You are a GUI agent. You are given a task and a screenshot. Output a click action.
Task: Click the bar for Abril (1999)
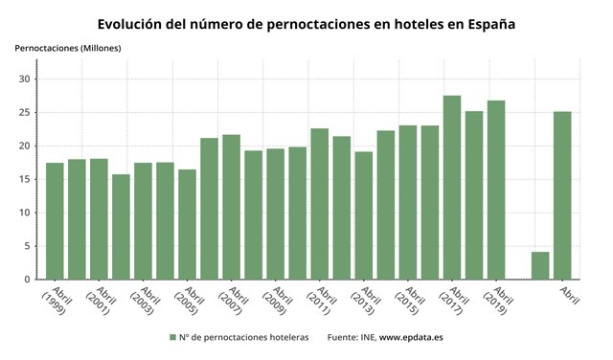click(x=55, y=221)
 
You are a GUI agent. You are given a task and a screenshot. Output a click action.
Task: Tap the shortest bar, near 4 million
click(x=540, y=265)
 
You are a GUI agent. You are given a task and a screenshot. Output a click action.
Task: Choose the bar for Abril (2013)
click(x=364, y=215)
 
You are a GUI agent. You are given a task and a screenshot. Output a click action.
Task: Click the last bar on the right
click(x=562, y=195)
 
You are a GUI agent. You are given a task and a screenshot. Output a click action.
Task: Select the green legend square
click(x=172, y=337)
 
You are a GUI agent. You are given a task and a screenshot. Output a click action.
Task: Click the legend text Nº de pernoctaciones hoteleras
click(x=244, y=337)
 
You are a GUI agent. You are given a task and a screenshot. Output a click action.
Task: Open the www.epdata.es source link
click(x=411, y=337)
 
